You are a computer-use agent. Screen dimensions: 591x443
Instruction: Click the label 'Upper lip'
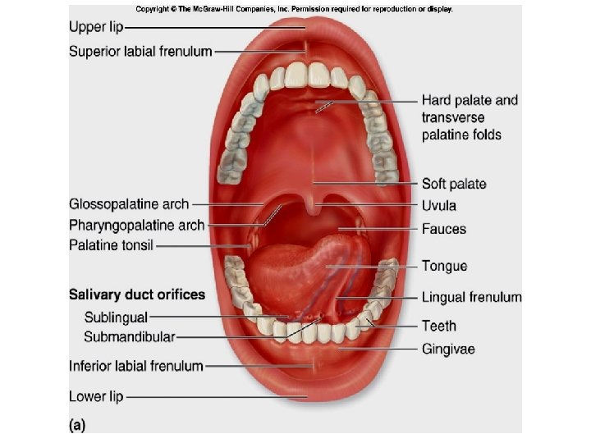(96, 27)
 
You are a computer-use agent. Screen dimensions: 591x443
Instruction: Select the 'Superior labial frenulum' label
(140, 51)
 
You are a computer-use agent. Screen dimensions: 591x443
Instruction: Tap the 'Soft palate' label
(454, 184)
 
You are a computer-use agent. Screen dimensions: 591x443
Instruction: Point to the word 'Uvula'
(439, 206)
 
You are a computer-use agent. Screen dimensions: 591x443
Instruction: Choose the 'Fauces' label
(444, 229)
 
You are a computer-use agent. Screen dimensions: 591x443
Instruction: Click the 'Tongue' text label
(444, 266)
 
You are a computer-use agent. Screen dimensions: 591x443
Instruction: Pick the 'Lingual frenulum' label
(471, 297)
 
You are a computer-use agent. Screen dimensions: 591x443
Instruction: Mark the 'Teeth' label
(439, 326)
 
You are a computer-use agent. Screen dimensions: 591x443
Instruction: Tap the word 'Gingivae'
(448, 349)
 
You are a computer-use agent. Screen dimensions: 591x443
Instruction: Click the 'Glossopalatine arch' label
(129, 203)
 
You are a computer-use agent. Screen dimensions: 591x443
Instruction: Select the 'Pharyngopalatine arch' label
(137, 224)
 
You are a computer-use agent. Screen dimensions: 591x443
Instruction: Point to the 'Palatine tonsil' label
(111, 244)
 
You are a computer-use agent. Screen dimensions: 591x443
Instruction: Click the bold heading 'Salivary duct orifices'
(137, 294)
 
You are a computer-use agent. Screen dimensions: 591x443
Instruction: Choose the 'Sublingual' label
(116, 317)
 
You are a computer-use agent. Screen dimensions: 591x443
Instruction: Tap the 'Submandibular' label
(129, 337)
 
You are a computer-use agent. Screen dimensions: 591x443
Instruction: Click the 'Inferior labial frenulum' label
(136, 366)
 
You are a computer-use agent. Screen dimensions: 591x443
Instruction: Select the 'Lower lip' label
(96, 397)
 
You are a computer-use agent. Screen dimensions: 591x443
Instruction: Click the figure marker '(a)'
(76, 425)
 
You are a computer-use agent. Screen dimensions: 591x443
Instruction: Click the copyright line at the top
(294, 9)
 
